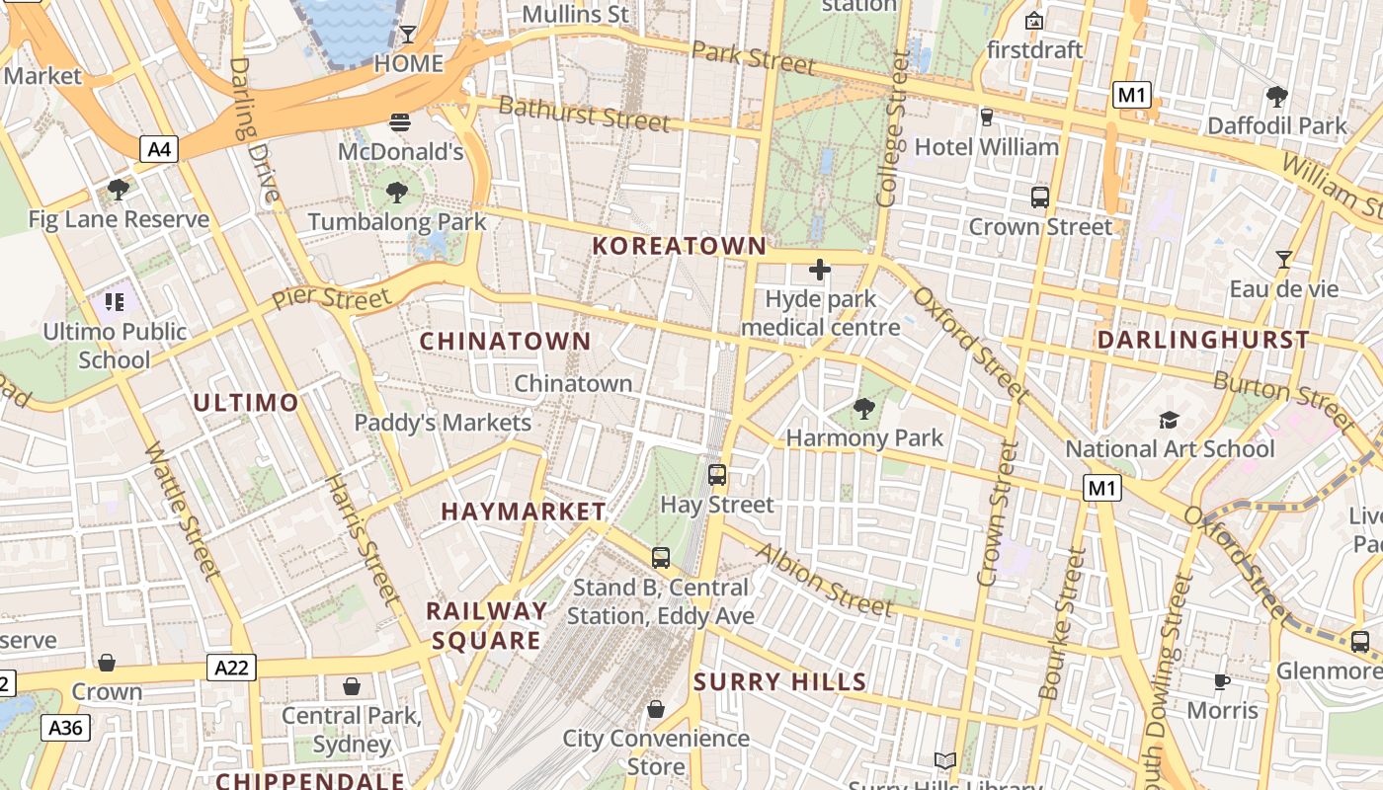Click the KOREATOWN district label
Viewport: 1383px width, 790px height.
pyautogui.click(x=679, y=246)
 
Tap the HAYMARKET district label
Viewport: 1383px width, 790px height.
pyautogui.click(x=524, y=512)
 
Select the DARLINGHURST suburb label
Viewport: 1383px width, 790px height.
pyautogui.click(x=1203, y=340)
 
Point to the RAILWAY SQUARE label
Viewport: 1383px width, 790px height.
pyautogui.click(x=486, y=625)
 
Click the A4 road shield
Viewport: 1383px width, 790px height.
pyautogui.click(x=159, y=150)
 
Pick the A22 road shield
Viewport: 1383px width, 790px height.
pyautogui.click(x=232, y=668)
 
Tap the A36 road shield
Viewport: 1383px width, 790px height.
pyautogui.click(x=66, y=728)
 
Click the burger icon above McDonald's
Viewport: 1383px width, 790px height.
pyautogui.click(x=400, y=122)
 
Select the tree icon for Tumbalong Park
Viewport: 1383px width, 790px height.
pyautogui.click(x=397, y=192)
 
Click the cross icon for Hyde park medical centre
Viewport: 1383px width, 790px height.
pyautogui.click(x=820, y=269)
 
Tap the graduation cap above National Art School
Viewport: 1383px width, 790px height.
pyautogui.click(x=1170, y=421)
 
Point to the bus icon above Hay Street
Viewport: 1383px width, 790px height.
pyautogui.click(x=717, y=475)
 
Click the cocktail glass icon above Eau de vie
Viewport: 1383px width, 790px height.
pyautogui.click(x=1283, y=260)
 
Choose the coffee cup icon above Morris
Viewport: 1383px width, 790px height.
pyautogui.click(x=1222, y=681)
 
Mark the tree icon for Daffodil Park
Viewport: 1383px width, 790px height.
pyautogui.click(x=1276, y=96)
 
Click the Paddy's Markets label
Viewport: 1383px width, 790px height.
pyautogui.click(x=443, y=423)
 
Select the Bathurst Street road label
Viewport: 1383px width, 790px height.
pyautogui.click(x=584, y=114)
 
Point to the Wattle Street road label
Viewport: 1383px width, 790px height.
pyautogui.click(x=183, y=509)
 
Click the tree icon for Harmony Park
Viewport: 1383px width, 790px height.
pyautogui.click(x=864, y=408)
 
